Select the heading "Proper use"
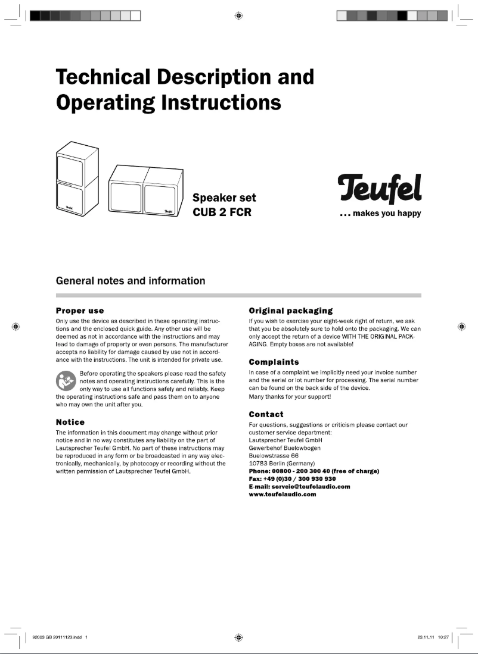pos(80,311)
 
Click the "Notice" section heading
pos(70,421)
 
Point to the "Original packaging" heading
pos(290,311)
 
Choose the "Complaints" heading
pos(274,361)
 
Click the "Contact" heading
pos(266,414)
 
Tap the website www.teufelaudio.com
pos(282,494)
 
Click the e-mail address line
pos(299,486)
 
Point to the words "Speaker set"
pos(224,198)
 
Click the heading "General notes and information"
pos(130,280)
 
